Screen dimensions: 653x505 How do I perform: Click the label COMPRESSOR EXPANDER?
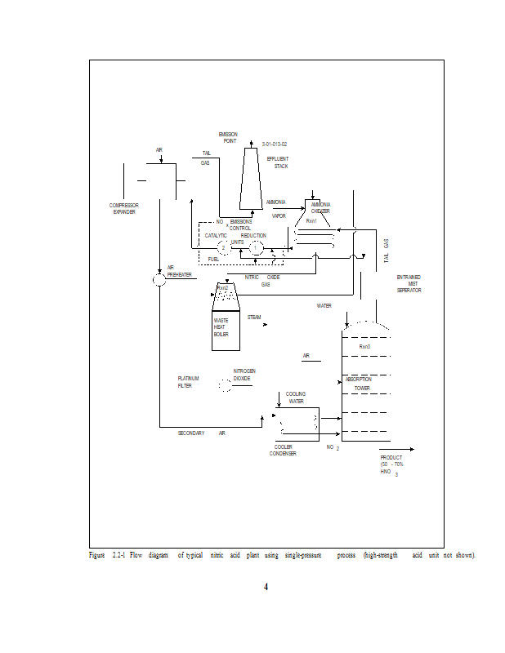click(x=124, y=208)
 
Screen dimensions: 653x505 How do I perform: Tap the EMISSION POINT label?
click(x=228, y=137)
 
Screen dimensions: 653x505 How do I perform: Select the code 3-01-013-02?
click(x=275, y=144)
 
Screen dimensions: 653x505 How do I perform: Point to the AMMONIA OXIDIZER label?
click(x=320, y=207)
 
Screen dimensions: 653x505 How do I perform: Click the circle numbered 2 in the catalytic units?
click(x=223, y=247)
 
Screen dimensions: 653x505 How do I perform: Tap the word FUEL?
click(x=213, y=259)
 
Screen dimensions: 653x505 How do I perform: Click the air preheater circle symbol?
click(x=159, y=280)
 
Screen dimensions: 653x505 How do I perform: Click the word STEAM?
click(x=254, y=317)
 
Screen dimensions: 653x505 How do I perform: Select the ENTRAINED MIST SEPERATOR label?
click(x=409, y=283)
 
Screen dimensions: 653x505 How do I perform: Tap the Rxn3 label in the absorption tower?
click(x=364, y=347)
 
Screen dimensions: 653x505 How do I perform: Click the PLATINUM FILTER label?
click(x=186, y=382)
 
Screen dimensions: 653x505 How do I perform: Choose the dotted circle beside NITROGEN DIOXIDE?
click(x=223, y=387)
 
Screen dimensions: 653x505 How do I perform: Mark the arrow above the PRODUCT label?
click(x=400, y=449)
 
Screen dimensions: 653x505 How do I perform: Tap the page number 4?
click(x=266, y=586)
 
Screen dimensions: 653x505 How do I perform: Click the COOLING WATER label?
click(x=296, y=398)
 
